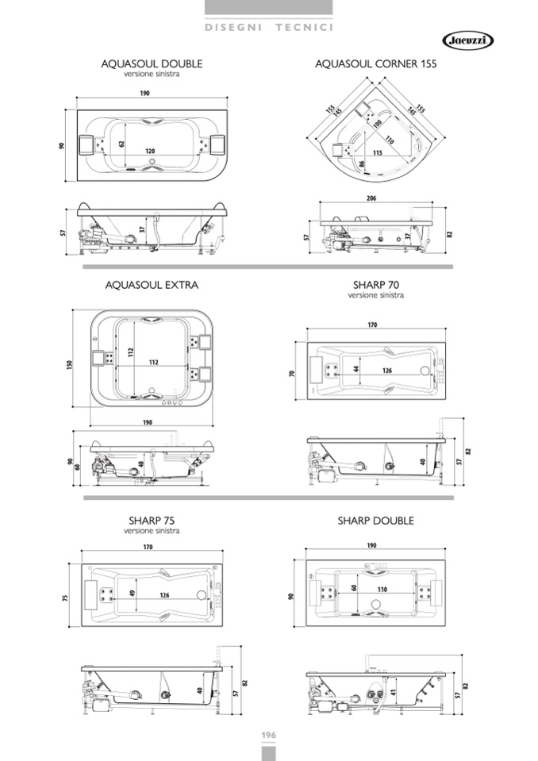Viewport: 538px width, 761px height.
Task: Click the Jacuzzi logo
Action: (467, 40)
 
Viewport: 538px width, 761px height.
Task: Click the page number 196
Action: (269, 736)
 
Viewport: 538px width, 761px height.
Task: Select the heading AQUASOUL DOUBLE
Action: (152, 63)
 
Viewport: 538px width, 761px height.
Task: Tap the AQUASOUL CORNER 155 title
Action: (376, 63)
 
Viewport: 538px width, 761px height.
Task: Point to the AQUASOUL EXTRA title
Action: (152, 285)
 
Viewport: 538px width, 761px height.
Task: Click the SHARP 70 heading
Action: (376, 285)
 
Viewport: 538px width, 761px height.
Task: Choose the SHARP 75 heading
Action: (152, 521)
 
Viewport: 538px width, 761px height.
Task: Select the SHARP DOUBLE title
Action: (376, 521)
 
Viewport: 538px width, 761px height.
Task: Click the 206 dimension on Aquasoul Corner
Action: (371, 198)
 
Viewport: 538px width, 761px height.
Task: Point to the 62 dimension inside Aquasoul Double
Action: (121, 144)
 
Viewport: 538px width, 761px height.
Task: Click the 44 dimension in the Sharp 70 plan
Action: (356, 369)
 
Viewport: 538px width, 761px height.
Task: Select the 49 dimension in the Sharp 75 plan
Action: (133, 594)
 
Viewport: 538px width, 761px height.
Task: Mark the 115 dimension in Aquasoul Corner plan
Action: (378, 153)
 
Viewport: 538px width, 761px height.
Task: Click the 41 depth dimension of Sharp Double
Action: (394, 691)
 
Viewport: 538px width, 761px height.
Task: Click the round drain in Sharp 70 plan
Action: (425, 371)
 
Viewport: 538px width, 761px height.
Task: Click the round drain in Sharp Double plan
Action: (376, 605)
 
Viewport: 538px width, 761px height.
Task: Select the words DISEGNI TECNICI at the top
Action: (269, 27)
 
